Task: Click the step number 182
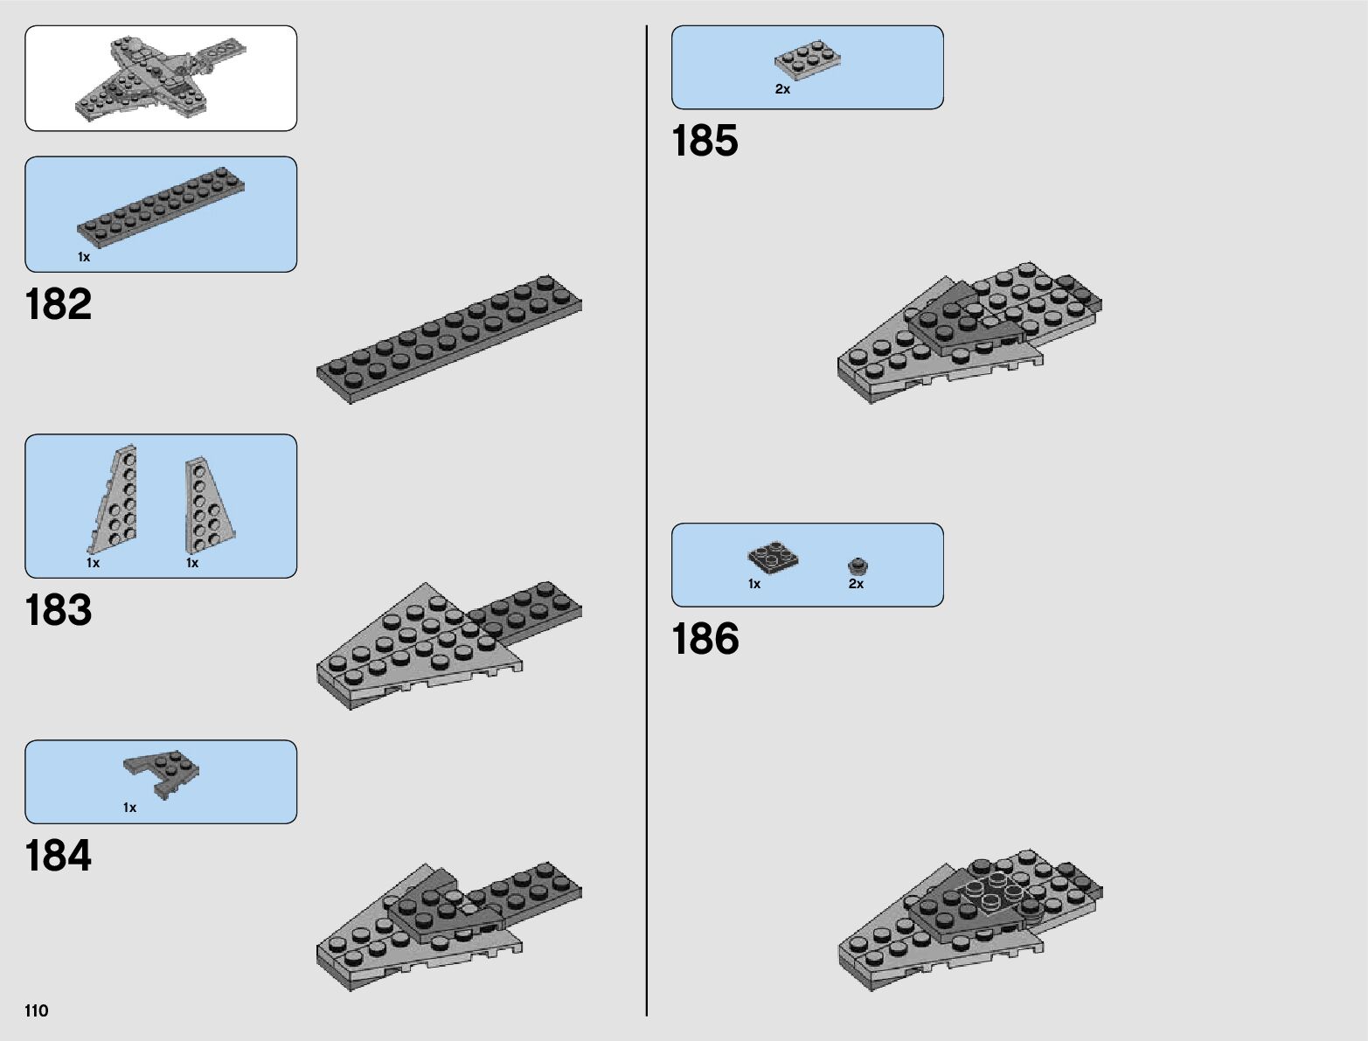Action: [59, 305]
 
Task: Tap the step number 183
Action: [59, 611]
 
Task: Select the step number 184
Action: [59, 857]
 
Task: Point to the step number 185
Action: [705, 142]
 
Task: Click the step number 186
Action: [705, 640]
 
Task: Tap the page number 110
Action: [37, 1011]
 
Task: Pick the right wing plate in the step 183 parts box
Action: [206, 505]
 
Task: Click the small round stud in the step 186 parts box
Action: [857, 566]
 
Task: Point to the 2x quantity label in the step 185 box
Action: [782, 89]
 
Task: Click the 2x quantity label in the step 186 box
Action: [856, 584]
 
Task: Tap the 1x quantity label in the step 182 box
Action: [84, 257]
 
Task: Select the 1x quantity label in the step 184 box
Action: [129, 808]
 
